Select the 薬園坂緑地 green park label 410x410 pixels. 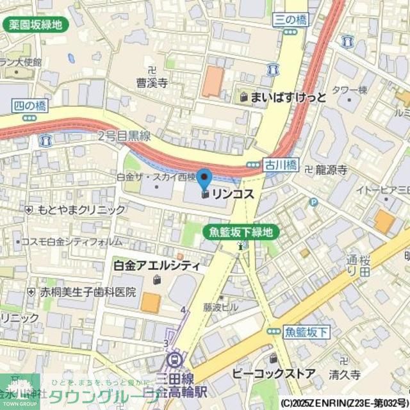[x=36, y=25]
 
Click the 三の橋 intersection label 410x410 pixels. [x=290, y=20]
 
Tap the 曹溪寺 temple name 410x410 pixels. [x=151, y=83]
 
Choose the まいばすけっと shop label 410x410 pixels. [x=288, y=98]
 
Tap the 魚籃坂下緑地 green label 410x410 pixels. [x=241, y=232]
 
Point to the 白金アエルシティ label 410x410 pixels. [x=156, y=265]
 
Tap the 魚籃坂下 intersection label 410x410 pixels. [x=306, y=331]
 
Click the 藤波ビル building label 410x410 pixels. [x=221, y=307]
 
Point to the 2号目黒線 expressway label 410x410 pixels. [x=124, y=136]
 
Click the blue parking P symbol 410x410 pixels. [x=313, y=202]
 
